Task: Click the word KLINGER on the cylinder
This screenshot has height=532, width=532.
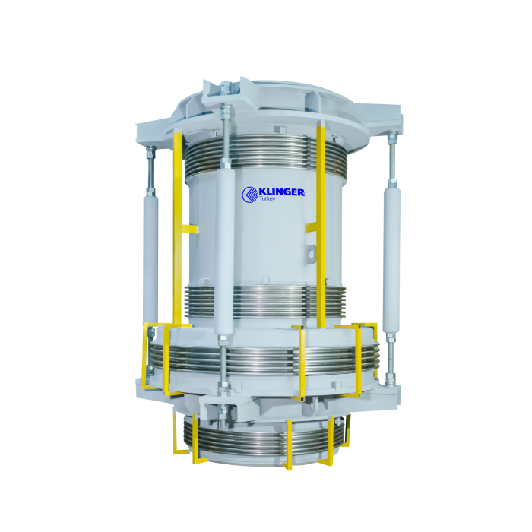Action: point(281,192)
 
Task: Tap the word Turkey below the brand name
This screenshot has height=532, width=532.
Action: point(267,199)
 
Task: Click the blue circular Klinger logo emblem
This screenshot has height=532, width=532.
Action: point(250,195)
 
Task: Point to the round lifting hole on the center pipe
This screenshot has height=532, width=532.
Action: point(311,253)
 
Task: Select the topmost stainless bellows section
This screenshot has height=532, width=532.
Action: point(264,153)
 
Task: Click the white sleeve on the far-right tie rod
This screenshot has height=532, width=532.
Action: point(391,258)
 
